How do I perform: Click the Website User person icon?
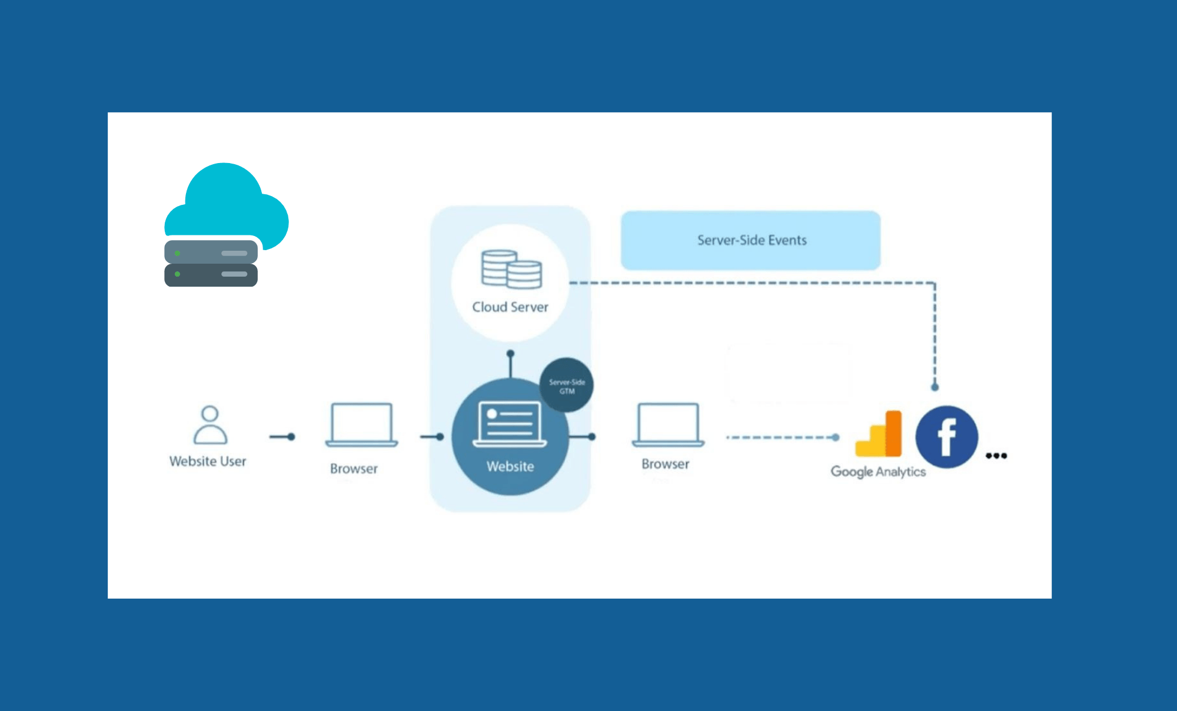(x=210, y=424)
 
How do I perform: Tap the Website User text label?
(x=208, y=461)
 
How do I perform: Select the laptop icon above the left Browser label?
(x=361, y=424)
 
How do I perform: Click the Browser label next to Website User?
(x=354, y=469)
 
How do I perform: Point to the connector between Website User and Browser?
(x=282, y=437)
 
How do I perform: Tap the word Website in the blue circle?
(x=510, y=466)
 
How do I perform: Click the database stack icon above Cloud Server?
(x=511, y=270)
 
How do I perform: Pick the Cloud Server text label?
(x=510, y=307)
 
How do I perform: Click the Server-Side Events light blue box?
(x=751, y=240)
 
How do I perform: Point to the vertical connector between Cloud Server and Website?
(x=510, y=365)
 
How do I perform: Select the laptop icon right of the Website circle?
(x=668, y=424)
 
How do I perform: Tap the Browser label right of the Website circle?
(x=665, y=464)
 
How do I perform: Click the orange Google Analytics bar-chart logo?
(x=879, y=436)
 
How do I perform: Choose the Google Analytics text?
(x=877, y=471)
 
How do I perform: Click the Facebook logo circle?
(x=946, y=437)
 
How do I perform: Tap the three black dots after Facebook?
(x=996, y=456)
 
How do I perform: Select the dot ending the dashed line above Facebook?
(x=935, y=387)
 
